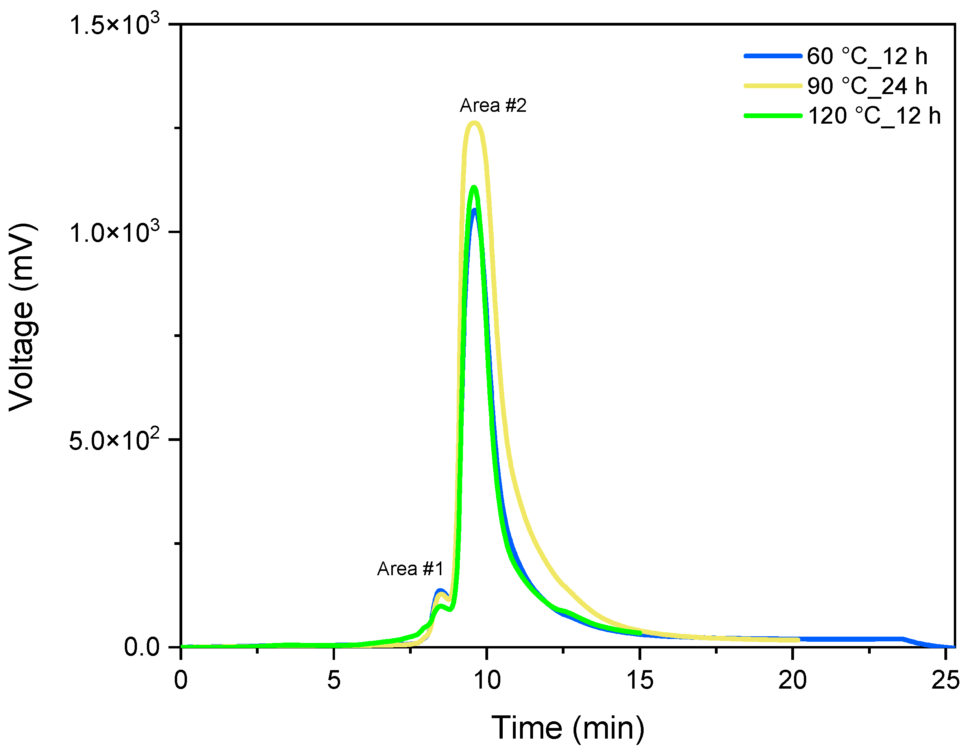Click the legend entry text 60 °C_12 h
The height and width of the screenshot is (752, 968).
tap(867, 56)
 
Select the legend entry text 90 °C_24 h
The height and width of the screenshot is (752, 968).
tap(867, 86)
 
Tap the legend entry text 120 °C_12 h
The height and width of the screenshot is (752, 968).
tap(874, 116)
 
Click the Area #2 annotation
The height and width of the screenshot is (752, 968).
tap(493, 106)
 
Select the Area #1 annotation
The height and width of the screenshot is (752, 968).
tap(410, 569)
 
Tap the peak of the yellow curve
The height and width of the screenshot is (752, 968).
tap(474, 123)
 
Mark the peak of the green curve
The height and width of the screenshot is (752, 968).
tap(474, 187)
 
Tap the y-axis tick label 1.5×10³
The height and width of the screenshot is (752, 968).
tap(114, 24)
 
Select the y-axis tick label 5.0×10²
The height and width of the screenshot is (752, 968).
tap(114, 440)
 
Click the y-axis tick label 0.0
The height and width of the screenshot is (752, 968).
tap(142, 647)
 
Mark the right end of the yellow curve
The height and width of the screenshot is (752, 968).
tap(798, 640)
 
